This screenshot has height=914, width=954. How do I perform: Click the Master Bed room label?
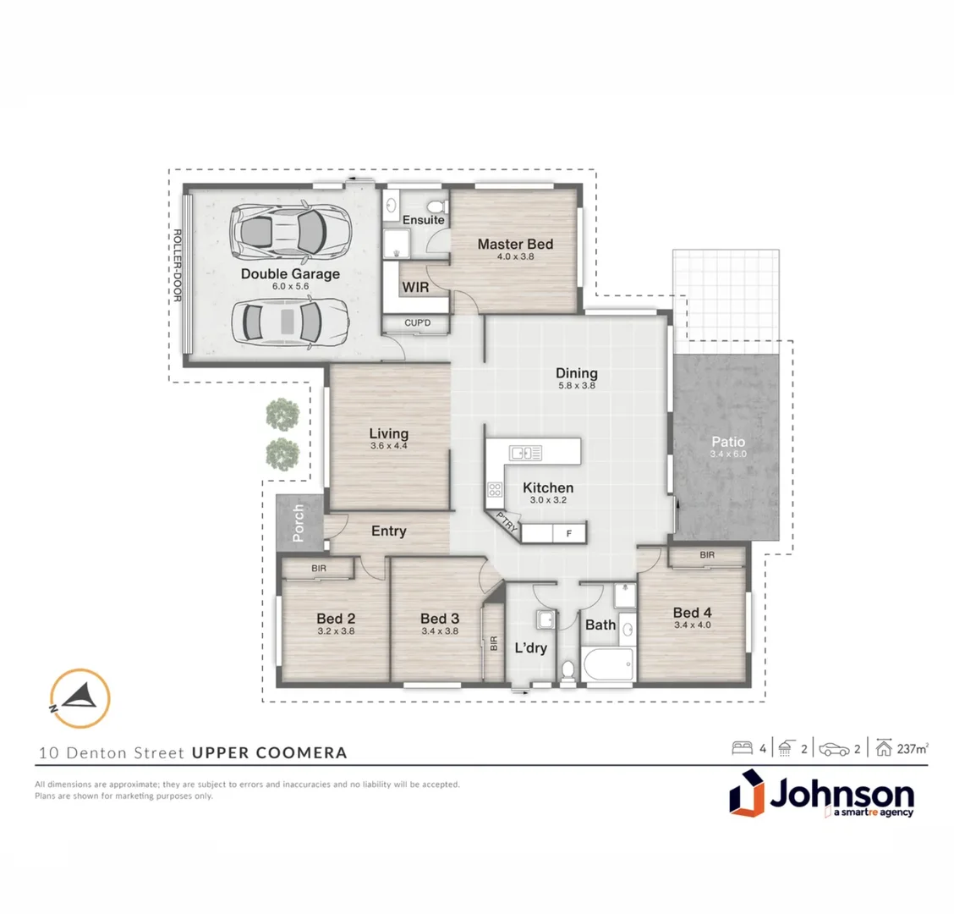coord(515,245)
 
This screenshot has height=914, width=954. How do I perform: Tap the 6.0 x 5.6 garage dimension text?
coord(290,287)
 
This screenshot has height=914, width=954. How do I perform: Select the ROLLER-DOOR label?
coord(178,266)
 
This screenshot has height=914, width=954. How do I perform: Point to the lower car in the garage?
coord(288,322)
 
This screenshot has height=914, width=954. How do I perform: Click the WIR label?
coord(415,288)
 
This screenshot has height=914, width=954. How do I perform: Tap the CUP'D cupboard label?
coord(418,323)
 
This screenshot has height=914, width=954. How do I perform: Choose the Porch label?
coord(298,523)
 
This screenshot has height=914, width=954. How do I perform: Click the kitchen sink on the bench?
coord(530,453)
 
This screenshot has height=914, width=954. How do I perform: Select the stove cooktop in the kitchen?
coord(495,491)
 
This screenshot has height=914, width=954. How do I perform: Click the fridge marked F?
coord(569,533)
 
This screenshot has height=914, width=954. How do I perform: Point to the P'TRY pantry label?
coord(507,522)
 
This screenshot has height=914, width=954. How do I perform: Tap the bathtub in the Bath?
coord(606,663)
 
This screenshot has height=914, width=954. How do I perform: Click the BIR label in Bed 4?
coord(707,555)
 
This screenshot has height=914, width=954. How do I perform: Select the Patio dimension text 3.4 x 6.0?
coord(728,454)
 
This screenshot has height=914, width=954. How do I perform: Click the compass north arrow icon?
coord(79,698)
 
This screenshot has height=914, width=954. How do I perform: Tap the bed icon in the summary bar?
coord(742,748)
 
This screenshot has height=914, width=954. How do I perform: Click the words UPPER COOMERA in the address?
coord(270,752)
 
